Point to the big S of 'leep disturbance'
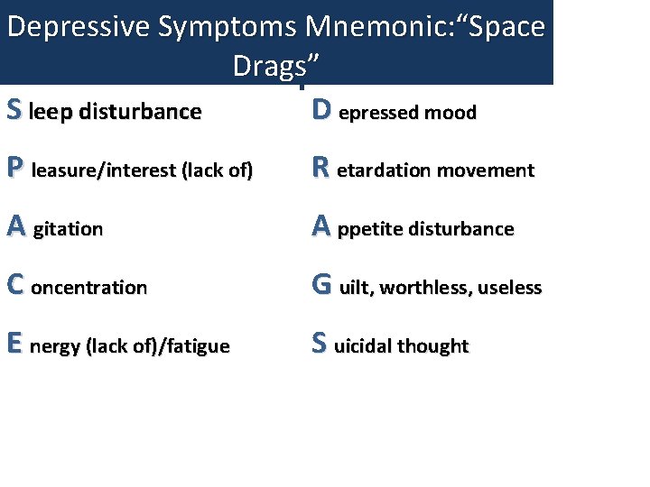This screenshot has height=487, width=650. tap(14, 110)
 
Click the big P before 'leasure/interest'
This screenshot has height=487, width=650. tap(14, 169)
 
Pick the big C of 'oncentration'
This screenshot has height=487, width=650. tap(14, 286)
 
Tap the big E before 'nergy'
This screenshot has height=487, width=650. tap(14, 344)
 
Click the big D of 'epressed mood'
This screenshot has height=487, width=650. tap(321, 110)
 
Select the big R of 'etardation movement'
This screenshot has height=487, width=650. tap(320, 169)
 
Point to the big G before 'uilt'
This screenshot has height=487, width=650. tap(322, 286)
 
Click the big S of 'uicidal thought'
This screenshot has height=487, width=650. tap(320, 344)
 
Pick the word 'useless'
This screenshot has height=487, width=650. tap(510, 288)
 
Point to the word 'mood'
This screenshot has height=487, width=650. tap(454, 113)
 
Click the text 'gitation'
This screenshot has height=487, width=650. tap(68, 230)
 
